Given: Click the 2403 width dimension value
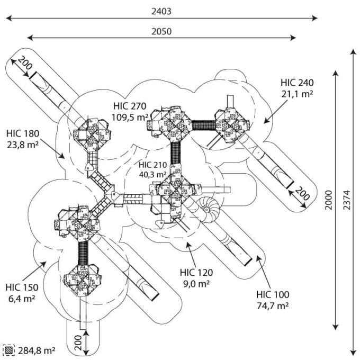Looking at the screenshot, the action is (x=161, y=11).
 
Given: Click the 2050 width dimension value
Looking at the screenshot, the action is (x=161, y=31).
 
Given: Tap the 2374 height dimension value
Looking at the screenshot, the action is (x=347, y=200).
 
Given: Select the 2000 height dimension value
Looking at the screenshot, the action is (x=329, y=200).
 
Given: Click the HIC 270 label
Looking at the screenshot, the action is (x=130, y=106).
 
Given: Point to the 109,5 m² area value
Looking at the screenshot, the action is (x=130, y=118).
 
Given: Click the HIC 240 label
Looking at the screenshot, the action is (x=297, y=83).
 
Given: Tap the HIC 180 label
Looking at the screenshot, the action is (x=23, y=133).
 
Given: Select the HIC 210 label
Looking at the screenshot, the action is (x=152, y=165).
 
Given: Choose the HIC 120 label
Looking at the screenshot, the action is (x=196, y=273).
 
